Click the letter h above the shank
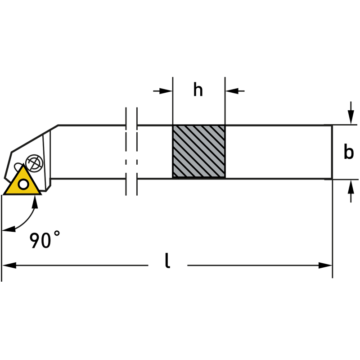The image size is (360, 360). (x=198, y=90)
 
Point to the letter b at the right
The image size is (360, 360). (x=348, y=153)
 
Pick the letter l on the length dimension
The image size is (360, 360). (x=167, y=261)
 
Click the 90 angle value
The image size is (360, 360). (x=40, y=241)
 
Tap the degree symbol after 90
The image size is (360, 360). (x=57, y=234)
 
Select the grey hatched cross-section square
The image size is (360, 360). (x=198, y=152)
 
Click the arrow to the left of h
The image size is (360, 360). (x=163, y=91)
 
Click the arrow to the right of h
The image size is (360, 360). (x=235, y=91)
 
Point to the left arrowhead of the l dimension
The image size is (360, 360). (x=9, y=265)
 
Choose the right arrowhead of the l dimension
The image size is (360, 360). (x=325, y=265)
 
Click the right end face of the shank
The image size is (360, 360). (x=332, y=152)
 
